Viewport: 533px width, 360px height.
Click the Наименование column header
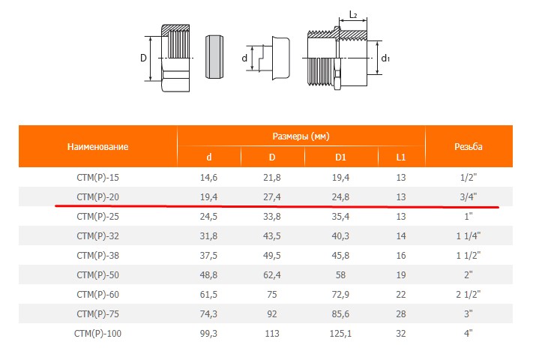point(97,147)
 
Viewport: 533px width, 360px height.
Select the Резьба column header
point(468,147)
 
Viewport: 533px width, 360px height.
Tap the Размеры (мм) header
point(301,136)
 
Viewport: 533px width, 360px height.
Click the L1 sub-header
point(401,157)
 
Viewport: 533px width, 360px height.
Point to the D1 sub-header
point(340,157)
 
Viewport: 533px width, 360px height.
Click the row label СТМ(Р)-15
point(98,178)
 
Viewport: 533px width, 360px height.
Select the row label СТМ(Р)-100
point(98,334)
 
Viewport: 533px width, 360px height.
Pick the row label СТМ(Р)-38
point(98,256)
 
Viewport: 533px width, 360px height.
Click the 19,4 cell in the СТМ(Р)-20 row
point(208,197)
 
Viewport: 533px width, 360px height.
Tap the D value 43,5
point(272,236)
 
